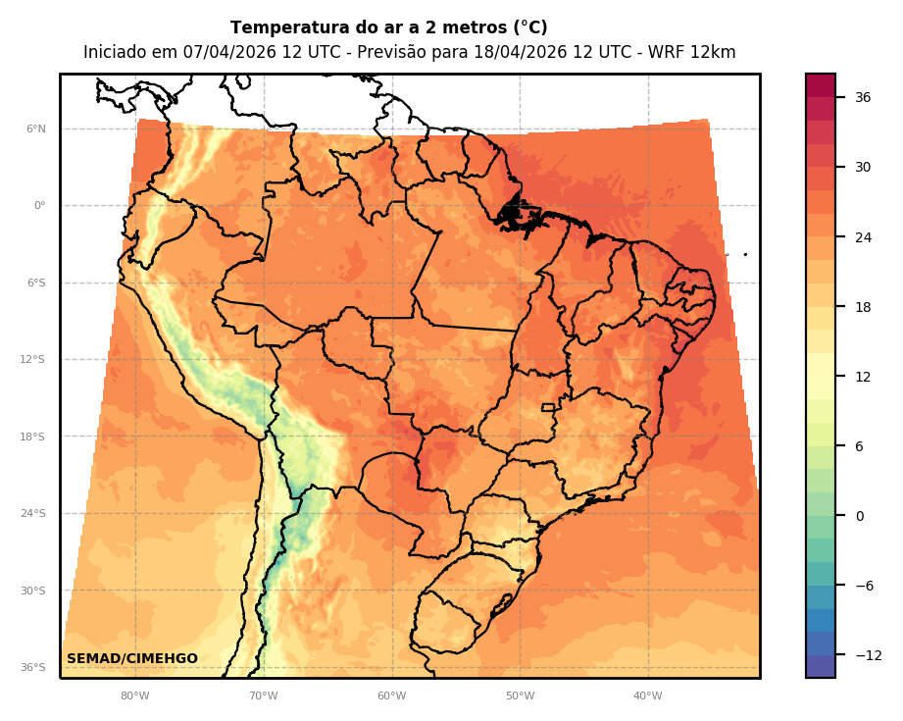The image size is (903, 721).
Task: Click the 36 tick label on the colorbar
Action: tap(863, 97)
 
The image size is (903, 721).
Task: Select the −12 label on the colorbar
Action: tap(866, 655)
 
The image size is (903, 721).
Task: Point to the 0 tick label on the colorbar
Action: tap(859, 516)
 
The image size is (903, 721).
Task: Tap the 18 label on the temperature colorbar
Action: tap(863, 307)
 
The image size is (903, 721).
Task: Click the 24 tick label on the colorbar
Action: tap(863, 237)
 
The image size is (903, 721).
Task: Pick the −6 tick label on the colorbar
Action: tap(863, 586)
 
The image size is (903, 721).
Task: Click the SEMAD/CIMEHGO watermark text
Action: tap(132, 659)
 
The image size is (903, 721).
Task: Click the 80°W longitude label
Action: tap(135, 696)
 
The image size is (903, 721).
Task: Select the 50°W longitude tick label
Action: tap(520, 696)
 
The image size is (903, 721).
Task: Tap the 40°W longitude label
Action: tap(647, 696)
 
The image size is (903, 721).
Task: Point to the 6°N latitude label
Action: tap(35, 129)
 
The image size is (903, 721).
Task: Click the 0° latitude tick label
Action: tap(39, 206)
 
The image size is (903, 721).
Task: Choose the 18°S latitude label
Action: tap(33, 437)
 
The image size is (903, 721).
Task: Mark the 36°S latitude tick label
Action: tap(33, 668)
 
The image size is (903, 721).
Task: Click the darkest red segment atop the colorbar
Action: tap(821, 85)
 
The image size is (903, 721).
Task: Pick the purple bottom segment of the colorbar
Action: tap(821, 666)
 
